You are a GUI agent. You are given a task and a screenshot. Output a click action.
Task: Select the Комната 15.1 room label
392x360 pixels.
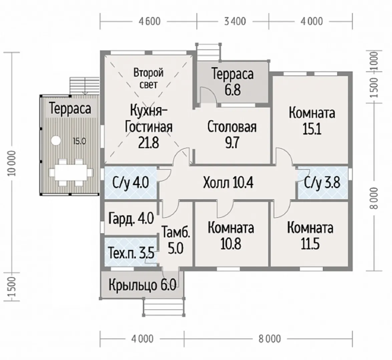tap(312, 120)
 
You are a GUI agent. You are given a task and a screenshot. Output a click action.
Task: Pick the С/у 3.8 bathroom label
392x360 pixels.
tap(322, 183)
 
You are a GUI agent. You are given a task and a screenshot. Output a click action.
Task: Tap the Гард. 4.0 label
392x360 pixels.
tap(131, 219)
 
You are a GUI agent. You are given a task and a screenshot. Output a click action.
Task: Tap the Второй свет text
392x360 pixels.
tap(148, 78)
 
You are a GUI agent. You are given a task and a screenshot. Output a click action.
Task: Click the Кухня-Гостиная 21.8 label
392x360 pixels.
tap(148, 127)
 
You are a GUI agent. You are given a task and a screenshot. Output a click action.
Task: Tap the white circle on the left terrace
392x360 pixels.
tap(56, 140)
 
